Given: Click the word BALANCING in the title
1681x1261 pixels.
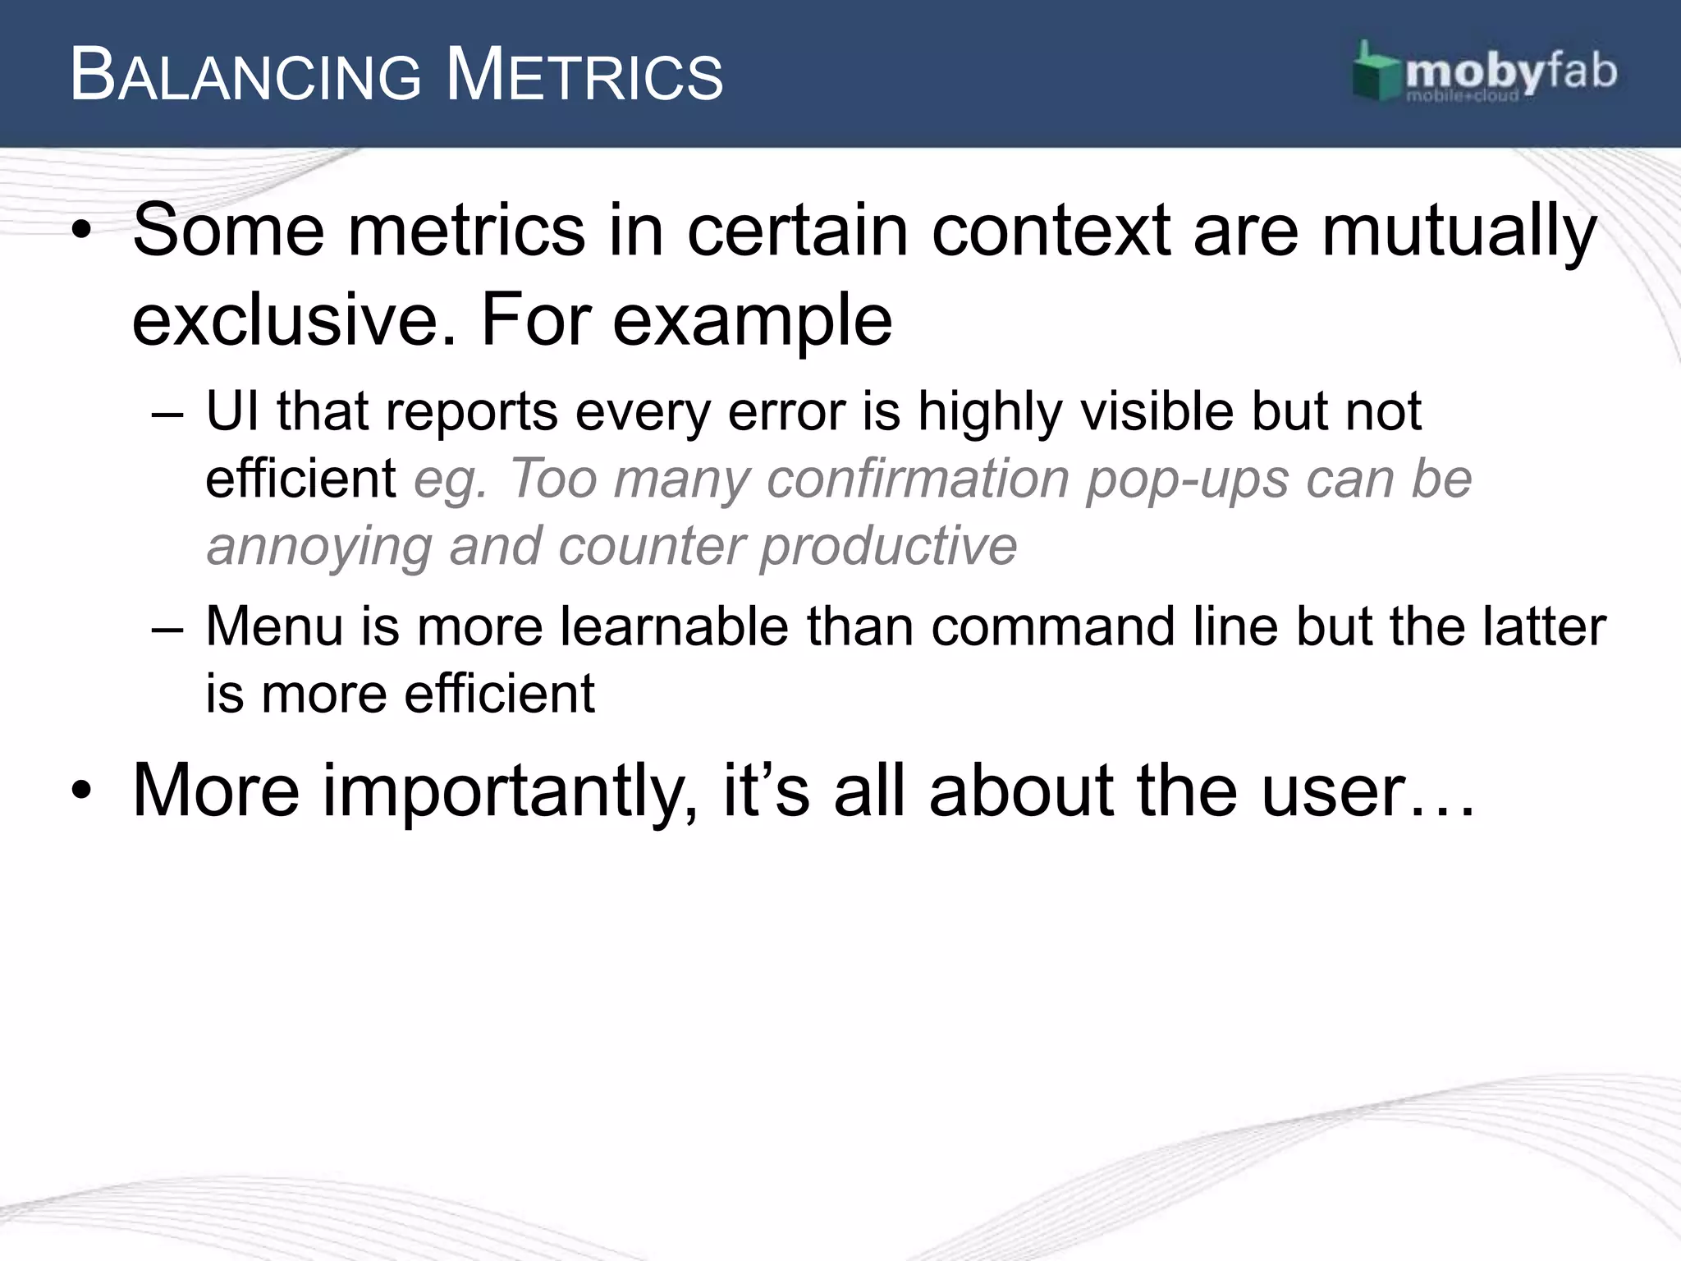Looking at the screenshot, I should (245, 76).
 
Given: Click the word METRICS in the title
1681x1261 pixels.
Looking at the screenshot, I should (584, 76).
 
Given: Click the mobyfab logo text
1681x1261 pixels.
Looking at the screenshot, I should (1510, 72).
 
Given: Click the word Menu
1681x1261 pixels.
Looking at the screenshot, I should (274, 626).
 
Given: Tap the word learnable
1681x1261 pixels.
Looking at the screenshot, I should (675, 626).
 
